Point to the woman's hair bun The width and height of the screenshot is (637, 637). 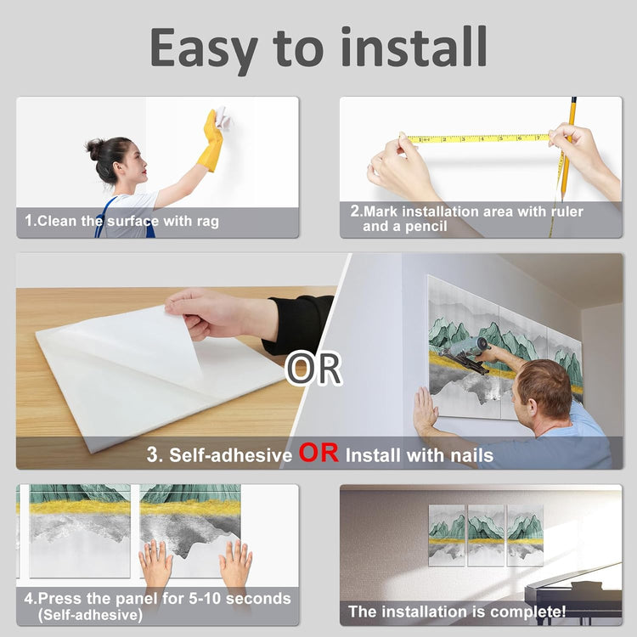pos(94,149)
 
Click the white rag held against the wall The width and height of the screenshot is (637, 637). pos(223,117)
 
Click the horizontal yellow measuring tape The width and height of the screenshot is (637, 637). pos(477,138)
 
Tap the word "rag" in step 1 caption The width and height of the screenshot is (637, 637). pos(208,222)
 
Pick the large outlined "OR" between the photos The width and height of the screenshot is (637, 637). pos(313,369)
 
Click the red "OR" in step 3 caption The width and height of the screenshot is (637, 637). pos(318,453)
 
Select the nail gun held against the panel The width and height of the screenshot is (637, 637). pos(467,352)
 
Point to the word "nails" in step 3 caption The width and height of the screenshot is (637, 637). pos(472,455)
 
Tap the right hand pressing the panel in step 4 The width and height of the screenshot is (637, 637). pos(236,562)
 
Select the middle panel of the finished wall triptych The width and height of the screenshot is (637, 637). pos(486,535)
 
